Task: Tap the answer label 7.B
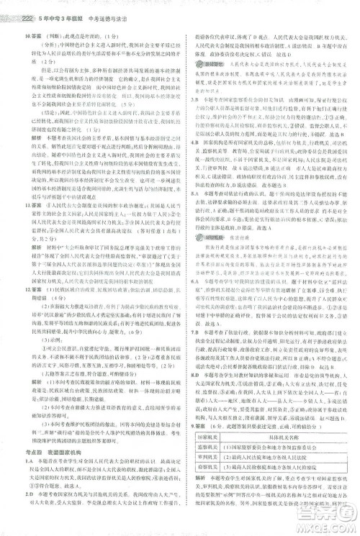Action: coord(189,332)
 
